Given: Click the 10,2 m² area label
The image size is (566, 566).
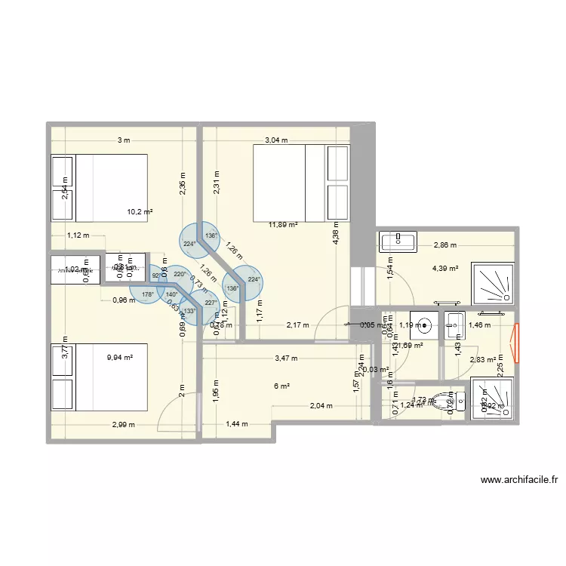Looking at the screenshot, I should (140, 212).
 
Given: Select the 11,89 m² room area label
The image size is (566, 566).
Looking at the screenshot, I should (283, 224).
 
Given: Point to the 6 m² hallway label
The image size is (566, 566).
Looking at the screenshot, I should (281, 386).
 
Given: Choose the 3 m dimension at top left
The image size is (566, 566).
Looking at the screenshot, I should (123, 140).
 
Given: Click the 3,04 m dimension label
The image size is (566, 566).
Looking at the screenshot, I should (275, 140).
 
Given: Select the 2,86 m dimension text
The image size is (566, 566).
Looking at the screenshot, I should (445, 245).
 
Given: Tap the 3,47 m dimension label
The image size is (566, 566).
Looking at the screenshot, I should (286, 358).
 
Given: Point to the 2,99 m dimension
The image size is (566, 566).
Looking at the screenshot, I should (123, 424).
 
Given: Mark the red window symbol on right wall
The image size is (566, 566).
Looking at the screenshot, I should (517, 343).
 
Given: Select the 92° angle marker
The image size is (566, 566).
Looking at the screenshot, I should (156, 276).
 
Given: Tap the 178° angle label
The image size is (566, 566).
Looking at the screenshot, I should (147, 295).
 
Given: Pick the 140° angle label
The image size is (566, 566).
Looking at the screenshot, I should (171, 295).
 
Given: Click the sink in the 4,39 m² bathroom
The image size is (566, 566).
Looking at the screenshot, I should (398, 242).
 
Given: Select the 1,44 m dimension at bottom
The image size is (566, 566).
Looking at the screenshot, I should (237, 424).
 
